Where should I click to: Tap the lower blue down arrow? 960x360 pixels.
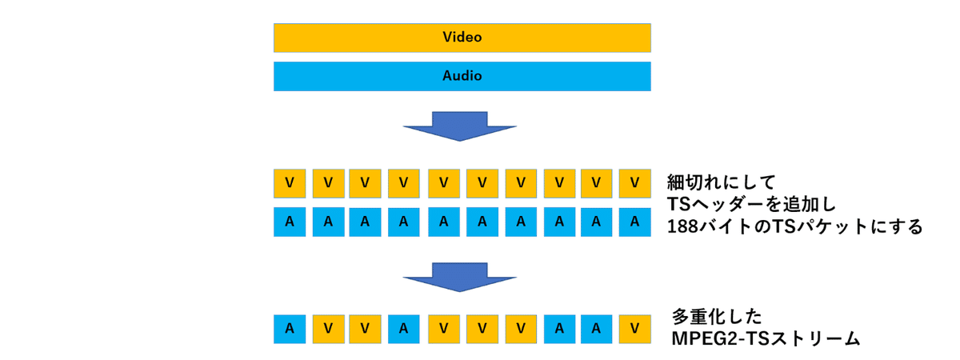[x=460, y=276]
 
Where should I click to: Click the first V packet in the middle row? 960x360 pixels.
[x=289, y=183]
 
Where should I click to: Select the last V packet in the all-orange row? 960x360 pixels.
[x=634, y=183]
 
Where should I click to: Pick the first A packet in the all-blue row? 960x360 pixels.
[x=289, y=222]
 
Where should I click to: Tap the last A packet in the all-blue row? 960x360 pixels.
[x=634, y=222]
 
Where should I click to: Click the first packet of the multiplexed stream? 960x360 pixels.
[x=289, y=329]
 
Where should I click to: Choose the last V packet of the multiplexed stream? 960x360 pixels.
[x=634, y=329]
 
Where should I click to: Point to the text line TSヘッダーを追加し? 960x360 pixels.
[x=750, y=203]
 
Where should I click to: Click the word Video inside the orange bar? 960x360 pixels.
[x=462, y=38]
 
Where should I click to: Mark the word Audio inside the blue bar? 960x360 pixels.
[x=462, y=77]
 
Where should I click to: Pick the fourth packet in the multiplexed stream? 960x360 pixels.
[x=404, y=329]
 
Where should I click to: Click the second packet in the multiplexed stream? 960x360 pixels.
[x=327, y=329]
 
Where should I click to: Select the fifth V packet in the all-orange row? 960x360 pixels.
[x=442, y=183]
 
